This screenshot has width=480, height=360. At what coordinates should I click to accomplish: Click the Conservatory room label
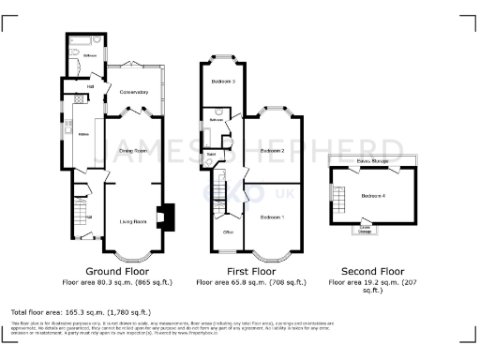pos(135,92)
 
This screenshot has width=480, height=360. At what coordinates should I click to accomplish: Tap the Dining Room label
pos(133,150)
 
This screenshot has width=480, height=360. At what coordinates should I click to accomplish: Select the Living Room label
pos(133,221)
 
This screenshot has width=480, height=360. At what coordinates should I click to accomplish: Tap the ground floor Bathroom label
pos(89,55)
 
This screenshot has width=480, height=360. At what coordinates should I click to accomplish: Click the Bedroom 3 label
pos(222,82)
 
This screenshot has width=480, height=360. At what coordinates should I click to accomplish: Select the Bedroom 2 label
pos(272,150)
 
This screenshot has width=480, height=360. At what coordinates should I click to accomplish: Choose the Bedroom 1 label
pos(272,217)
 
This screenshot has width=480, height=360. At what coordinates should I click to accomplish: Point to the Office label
pos(227,230)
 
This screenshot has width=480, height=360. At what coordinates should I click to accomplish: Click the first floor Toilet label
pos(212,155)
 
